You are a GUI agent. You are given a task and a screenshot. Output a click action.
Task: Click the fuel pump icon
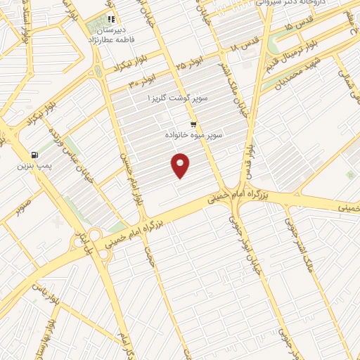coord(33,155)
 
